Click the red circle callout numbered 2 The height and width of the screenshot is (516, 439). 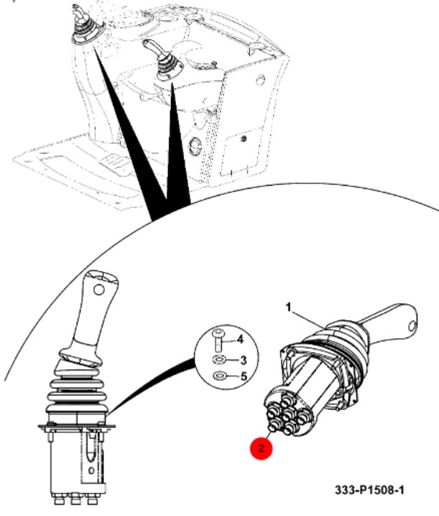(262, 448)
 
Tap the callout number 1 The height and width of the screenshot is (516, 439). (289, 308)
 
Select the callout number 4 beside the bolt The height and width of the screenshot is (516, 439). (240, 339)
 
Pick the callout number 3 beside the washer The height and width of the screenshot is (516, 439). (243, 360)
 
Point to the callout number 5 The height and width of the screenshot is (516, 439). (244, 376)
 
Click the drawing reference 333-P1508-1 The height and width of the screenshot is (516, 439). (369, 490)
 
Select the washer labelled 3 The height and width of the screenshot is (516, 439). (218, 360)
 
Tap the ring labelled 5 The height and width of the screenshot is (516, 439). (218, 375)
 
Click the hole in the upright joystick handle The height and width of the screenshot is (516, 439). (98, 290)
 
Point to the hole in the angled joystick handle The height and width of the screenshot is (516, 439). (411, 327)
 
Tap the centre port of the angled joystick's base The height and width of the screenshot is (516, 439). (288, 412)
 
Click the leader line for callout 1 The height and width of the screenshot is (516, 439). (308, 319)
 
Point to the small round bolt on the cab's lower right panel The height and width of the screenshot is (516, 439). (243, 139)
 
